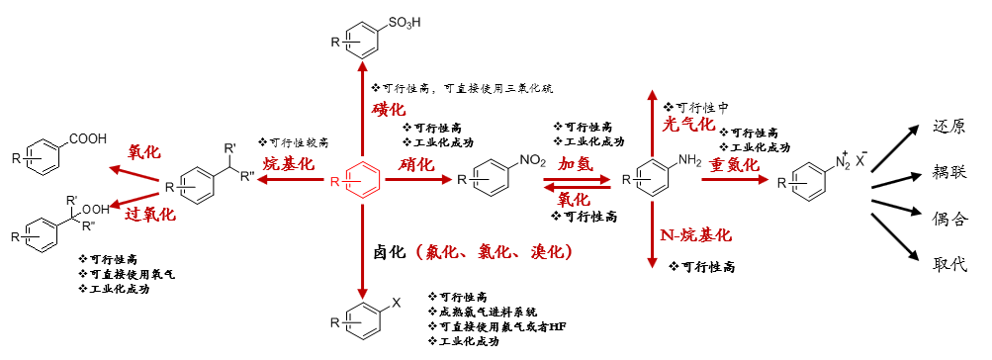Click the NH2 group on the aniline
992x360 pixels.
click(x=687, y=161)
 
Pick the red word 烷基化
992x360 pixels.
click(x=288, y=163)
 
